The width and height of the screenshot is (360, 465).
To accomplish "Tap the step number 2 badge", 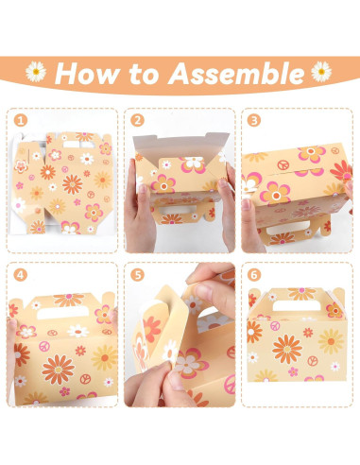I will click(138, 121).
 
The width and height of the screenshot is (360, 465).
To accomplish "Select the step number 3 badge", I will click(254, 121).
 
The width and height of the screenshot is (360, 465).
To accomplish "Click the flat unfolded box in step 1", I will click(62, 184).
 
